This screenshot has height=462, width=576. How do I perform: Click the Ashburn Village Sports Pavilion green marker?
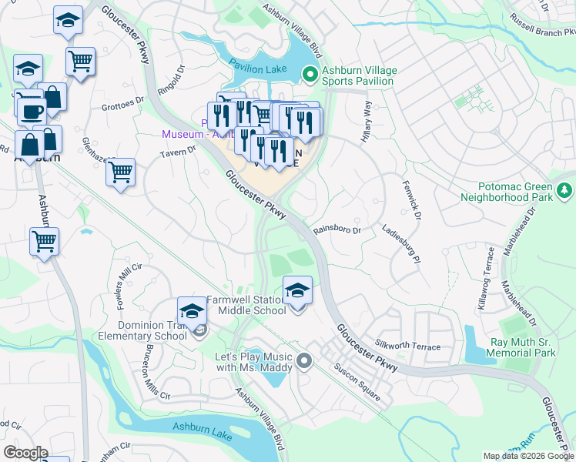point(310,75)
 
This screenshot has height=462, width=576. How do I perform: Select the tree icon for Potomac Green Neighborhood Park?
point(564,189)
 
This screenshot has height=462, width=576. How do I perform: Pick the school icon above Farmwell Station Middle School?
point(298,290)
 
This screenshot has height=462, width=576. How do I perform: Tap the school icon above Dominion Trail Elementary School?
point(192,311)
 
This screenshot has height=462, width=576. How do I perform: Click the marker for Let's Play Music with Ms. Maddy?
point(304,360)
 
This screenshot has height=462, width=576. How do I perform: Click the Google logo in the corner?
point(25,453)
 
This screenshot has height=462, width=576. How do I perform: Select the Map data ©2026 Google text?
point(527,456)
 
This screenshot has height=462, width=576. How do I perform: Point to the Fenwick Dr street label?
point(412,199)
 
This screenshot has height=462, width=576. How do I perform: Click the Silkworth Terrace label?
point(407,344)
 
